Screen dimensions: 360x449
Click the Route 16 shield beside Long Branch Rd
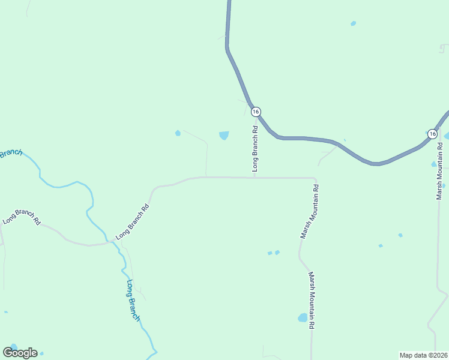pos(256,112)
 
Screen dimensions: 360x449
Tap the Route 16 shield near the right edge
pos(432,134)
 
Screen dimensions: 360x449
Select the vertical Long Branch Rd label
pos(255,149)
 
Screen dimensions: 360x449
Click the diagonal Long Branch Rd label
pos(132,223)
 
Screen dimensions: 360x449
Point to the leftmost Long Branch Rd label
pos(21,217)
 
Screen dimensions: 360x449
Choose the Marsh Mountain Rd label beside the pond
pos(312,300)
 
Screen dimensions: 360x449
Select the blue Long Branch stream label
pos(133,300)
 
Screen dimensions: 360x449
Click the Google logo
pos(20,353)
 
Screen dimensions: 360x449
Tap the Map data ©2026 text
pos(423,355)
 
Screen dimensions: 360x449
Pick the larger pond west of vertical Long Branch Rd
pos(224,135)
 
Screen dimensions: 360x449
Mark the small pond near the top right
pos(353,23)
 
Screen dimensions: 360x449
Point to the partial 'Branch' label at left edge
pos(10,154)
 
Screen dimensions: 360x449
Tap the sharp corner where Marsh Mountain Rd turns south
pos(315,179)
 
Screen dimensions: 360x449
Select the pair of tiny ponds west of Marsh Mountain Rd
pos(273,253)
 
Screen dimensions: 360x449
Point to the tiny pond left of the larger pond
pos(178,133)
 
